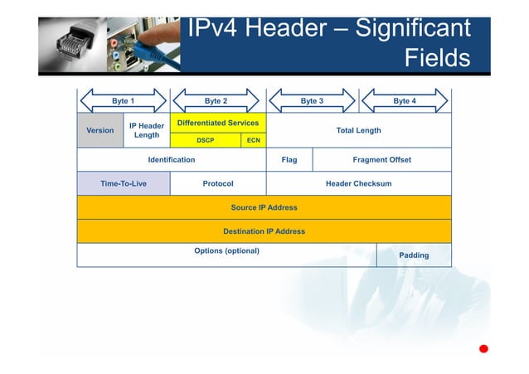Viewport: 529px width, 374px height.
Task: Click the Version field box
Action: click(x=100, y=130)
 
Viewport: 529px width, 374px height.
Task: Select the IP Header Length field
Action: click(x=147, y=130)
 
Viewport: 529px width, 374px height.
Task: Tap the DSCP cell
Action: click(x=206, y=140)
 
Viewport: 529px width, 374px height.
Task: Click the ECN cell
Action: click(x=254, y=140)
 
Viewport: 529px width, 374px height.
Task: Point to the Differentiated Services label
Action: click(x=218, y=123)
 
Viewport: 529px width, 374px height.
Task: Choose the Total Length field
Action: click(x=358, y=130)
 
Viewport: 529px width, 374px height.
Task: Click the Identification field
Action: click(x=171, y=159)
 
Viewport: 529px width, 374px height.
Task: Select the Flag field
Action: click(x=289, y=159)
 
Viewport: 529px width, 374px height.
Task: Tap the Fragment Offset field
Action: click(x=381, y=159)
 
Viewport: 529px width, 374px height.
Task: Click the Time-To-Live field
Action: click(x=124, y=183)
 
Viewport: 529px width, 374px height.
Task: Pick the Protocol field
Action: click(x=218, y=183)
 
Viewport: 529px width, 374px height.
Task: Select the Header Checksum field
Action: click(x=358, y=183)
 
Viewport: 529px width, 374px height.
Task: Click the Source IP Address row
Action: click(x=264, y=207)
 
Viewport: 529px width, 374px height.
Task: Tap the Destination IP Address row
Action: click(x=264, y=231)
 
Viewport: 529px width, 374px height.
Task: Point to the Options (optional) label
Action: click(x=226, y=250)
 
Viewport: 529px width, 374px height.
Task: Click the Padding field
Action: click(x=414, y=255)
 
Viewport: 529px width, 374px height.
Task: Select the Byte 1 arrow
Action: click(x=123, y=100)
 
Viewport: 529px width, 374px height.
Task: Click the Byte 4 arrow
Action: click(x=405, y=100)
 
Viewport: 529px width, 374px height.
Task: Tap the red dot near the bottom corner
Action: click(x=483, y=348)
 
